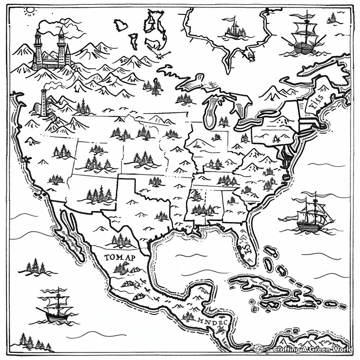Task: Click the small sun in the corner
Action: coord(29,11)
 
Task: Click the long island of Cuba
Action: coord(260,285)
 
